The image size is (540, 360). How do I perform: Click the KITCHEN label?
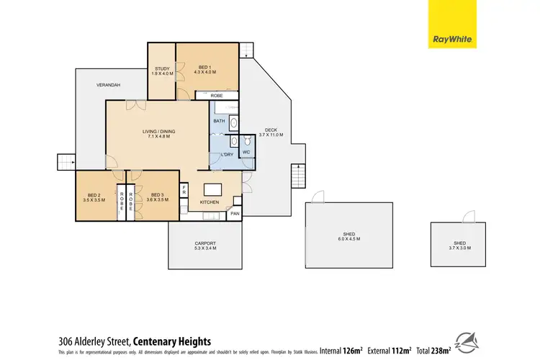(209, 204)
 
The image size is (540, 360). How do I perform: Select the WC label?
(246, 153)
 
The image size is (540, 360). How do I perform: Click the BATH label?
(219, 121)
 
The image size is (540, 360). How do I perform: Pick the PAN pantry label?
(234, 214)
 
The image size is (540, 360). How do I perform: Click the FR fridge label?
(184, 190)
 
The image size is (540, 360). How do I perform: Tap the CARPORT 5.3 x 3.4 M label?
(205, 246)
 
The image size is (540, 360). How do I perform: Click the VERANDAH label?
(109, 86)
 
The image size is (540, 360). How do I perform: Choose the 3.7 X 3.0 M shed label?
(459, 246)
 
